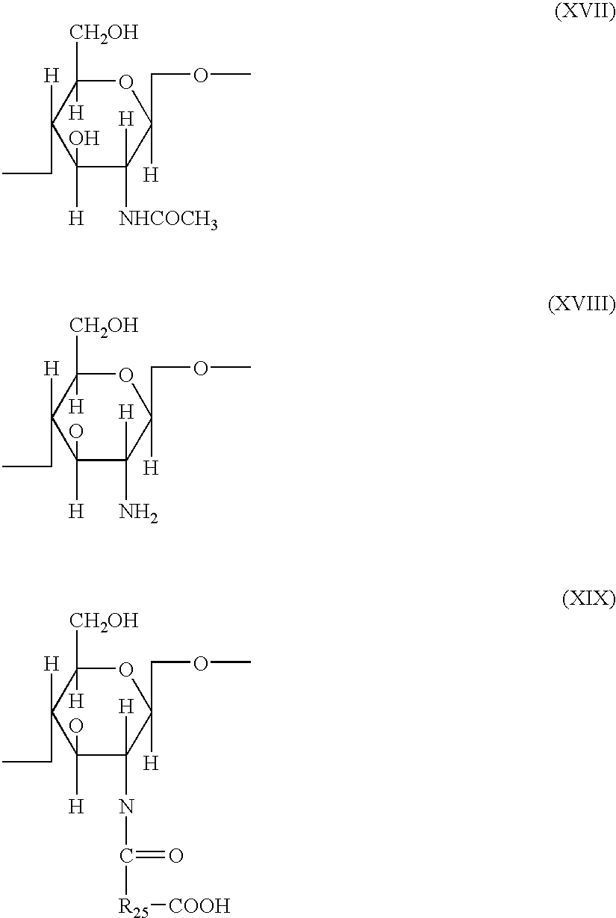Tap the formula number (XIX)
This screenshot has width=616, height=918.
(588, 600)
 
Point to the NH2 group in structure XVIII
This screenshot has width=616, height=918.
(138, 514)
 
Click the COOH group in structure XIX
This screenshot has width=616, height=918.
(199, 906)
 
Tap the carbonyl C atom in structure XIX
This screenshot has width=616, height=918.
(126, 855)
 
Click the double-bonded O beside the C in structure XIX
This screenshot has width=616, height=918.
(176, 855)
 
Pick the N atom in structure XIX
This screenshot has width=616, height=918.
(126, 806)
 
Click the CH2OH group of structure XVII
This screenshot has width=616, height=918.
(105, 33)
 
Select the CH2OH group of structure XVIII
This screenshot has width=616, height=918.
(105, 325)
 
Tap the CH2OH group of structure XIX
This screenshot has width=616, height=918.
(105, 620)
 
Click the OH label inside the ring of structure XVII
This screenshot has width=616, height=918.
(84, 139)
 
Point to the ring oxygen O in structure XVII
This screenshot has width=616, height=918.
(125, 80)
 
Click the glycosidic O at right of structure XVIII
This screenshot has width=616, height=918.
(200, 368)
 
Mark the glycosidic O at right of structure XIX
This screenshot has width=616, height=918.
(200, 662)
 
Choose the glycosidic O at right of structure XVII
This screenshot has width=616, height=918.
(200, 75)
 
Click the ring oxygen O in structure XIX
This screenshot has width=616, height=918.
(125, 668)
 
